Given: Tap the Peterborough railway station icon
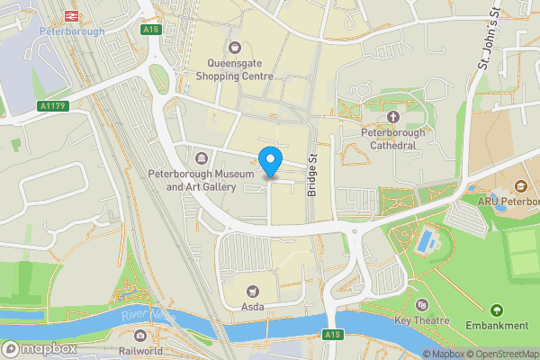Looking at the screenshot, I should [x=71, y=16].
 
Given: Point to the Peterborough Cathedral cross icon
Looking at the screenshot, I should [x=392, y=117].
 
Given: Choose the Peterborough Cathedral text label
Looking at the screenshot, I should [x=392, y=139].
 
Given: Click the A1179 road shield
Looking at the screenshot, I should [x=55, y=105].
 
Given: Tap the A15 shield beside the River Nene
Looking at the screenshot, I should [x=333, y=334].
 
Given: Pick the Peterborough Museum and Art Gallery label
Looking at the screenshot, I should [x=193, y=181].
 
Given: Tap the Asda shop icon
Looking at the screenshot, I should [x=251, y=291].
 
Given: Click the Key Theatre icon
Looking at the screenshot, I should [x=422, y=305].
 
